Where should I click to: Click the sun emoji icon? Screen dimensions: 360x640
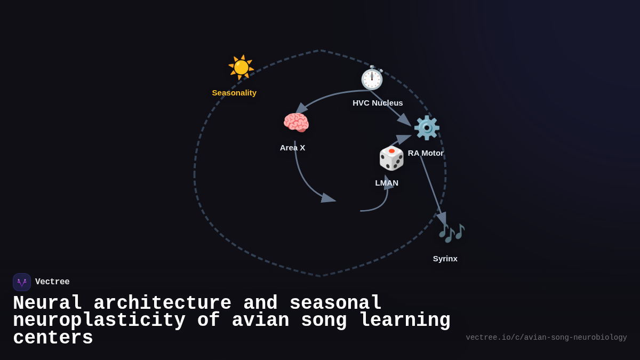[x=241, y=67]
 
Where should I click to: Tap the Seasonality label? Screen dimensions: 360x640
[x=234, y=93]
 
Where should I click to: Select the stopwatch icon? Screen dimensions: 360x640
[x=372, y=78]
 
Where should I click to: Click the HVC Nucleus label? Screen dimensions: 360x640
[x=378, y=103]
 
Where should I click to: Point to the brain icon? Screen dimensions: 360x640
[x=296, y=123]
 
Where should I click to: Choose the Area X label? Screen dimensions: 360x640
[x=292, y=148]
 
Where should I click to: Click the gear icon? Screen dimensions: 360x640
[x=427, y=128]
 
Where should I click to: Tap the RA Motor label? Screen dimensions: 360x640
[x=426, y=153]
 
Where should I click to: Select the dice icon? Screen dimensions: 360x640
[x=391, y=158]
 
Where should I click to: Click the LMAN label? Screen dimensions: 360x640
[x=387, y=183]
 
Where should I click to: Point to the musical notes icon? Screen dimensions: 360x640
[x=451, y=233]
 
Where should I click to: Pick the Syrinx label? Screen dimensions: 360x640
[x=445, y=259]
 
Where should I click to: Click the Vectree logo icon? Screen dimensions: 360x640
[x=22, y=282]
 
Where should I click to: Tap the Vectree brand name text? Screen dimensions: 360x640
[x=52, y=282]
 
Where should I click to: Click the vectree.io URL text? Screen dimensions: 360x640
[x=546, y=338]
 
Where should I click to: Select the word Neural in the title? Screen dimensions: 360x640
[x=47, y=303]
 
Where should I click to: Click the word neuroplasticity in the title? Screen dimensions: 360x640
[x=99, y=321]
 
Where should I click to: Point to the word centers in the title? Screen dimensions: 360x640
[x=53, y=338]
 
